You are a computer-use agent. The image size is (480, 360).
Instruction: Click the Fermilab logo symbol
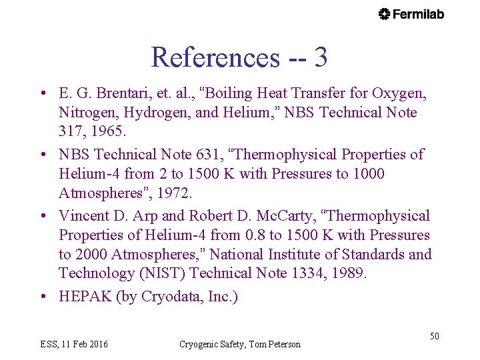click(x=385, y=14)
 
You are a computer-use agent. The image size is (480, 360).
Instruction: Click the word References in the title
click(x=215, y=57)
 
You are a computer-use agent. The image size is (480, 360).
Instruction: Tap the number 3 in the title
click(x=320, y=57)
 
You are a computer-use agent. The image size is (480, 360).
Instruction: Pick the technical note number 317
click(x=71, y=131)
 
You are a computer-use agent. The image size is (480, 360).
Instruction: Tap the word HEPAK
click(x=85, y=297)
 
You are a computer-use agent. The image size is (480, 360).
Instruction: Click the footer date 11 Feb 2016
click(x=85, y=344)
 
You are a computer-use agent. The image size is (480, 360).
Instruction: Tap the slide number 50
click(x=434, y=336)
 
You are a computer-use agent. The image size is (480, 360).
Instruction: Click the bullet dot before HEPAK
click(x=42, y=297)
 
